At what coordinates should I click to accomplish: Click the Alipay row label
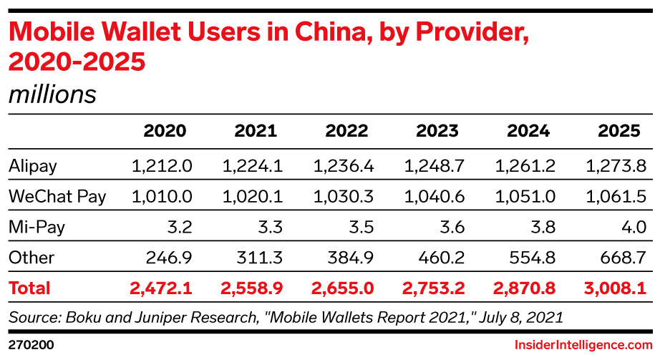point(33,166)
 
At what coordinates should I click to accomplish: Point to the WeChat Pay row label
point(57,197)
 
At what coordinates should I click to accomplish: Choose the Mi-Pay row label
point(37,228)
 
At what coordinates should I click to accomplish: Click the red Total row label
point(29,288)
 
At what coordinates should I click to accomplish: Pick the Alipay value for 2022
point(344,166)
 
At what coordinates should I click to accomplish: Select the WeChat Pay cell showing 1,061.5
point(616,197)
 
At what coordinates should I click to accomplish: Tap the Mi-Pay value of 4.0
point(634,228)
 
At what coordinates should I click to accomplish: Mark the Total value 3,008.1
point(613,288)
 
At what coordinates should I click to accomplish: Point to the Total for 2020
point(161,288)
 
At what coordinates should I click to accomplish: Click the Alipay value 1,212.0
point(162,166)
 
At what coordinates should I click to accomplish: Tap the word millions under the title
point(52,94)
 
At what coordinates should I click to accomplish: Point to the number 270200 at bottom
point(31,345)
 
